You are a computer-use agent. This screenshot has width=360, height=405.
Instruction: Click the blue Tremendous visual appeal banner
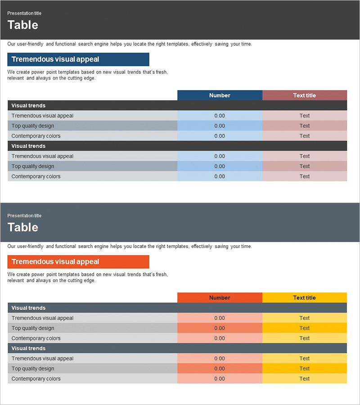coord(78,59)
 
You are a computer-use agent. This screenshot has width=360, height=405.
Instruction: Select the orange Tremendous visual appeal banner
coord(78,262)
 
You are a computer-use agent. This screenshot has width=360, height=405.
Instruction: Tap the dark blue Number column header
coord(220,95)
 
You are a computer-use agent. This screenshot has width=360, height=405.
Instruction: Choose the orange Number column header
coord(220,298)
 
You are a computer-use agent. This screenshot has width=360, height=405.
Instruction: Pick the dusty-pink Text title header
coord(305,95)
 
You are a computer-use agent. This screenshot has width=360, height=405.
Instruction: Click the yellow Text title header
coord(305,298)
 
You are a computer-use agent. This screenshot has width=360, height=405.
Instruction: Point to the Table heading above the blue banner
coord(23,25)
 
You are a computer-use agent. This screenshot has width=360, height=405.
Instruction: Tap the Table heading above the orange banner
coord(23,227)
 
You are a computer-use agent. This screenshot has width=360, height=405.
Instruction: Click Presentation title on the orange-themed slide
coord(24,216)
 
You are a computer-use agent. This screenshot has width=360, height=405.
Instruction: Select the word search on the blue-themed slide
coord(85,44)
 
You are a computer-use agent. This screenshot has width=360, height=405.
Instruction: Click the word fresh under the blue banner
coord(161,72)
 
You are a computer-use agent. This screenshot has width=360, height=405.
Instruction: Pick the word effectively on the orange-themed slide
coord(202,247)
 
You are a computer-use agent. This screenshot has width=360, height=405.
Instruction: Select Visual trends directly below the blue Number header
coord(28,106)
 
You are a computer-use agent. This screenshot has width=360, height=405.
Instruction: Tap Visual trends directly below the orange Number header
coord(28,308)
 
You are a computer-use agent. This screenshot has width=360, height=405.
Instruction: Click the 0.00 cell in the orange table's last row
coord(220,379)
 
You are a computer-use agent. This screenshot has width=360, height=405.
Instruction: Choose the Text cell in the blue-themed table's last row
coord(305,176)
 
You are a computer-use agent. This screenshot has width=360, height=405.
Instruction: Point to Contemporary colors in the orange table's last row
coord(36,379)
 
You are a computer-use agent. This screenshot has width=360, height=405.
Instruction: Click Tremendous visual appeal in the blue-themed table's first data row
coord(42,116)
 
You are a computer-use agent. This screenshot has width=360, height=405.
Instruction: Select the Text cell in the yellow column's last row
coord(305,379)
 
